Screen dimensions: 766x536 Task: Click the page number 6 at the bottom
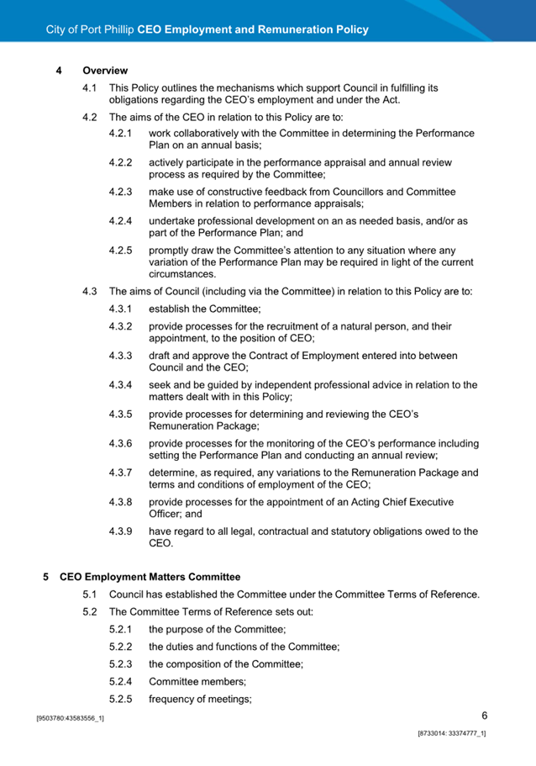tap(485, 716)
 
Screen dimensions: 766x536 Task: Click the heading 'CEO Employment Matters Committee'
tap(150, 577)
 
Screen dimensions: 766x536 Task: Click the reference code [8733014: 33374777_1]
tap(452, 734)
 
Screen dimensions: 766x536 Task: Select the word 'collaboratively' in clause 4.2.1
tap(211, 133)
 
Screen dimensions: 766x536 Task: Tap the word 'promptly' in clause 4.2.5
tap(171, 250)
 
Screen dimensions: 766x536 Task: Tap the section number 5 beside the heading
tap(45, 577)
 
